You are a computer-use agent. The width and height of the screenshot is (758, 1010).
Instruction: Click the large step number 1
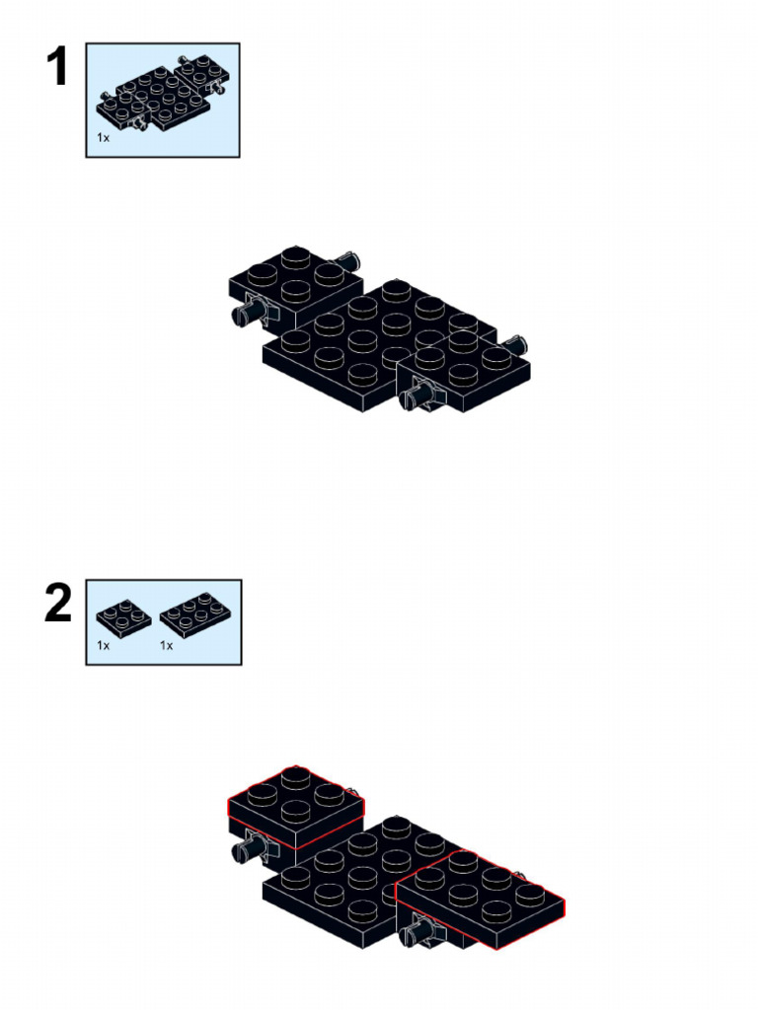(x=58, y=68)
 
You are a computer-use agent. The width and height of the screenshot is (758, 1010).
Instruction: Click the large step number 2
(x=58, y=605)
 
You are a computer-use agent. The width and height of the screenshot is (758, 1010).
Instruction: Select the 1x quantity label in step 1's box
(x=104, y=138)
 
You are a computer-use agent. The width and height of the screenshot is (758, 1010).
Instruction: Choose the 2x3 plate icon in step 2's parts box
(x=190, y=613)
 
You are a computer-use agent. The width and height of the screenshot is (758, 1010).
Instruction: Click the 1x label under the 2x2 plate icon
(x=104, y=645)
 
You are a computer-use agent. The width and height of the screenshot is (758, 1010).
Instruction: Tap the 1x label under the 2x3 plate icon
(x=167, y=645)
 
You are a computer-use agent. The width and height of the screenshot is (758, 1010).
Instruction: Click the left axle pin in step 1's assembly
(x=248, y=315)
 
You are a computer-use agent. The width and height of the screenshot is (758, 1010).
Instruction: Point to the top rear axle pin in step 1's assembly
(x=349, y=260)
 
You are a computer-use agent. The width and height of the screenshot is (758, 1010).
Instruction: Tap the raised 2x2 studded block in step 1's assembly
(x=294, y=278)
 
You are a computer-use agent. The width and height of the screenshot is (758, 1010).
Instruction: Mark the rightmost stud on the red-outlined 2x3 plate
(x=529, y=894)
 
